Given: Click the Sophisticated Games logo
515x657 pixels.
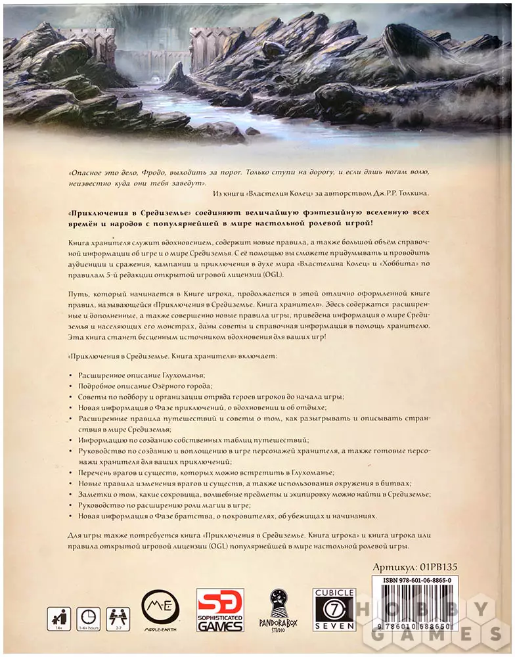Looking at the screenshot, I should [220, 610].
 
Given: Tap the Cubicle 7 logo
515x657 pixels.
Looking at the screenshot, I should [334, 610].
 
